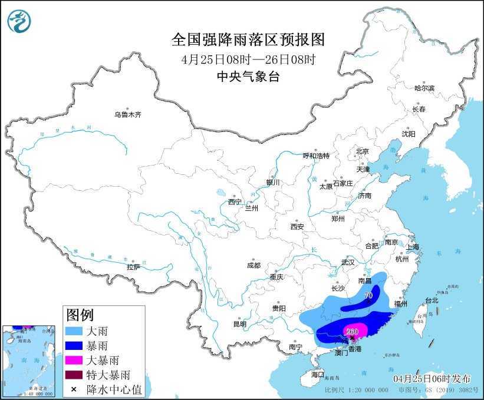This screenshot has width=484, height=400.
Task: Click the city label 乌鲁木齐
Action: (x=128, y=115)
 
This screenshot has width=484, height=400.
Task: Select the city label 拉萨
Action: (x=133, y=267)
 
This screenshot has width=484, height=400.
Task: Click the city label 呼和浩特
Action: (x=316, y=156)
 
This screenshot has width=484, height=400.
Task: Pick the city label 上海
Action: (x=412, y=246)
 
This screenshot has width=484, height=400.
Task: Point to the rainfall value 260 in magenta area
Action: (x=353, y=331)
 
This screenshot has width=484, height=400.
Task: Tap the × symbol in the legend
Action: (x=74, y=389)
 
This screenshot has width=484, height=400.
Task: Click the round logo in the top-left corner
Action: (x=19, y=21)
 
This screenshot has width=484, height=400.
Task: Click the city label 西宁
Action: (x=235, y=202)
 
